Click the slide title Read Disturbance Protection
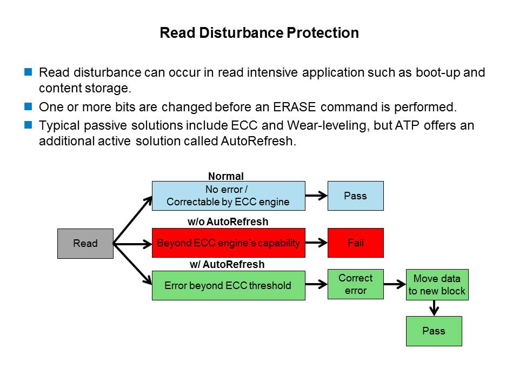[259, 33]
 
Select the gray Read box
[85, 243]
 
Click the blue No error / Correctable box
[228, 196]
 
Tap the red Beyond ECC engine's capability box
[228, 243]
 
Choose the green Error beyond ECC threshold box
[228, 285]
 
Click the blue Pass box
[355, 196]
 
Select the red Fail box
[355, 243]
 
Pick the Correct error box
[355, 284]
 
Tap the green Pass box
[434, 331]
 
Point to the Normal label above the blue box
[226, 176]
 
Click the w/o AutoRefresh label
[228, 222]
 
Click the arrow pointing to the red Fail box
[316, 243]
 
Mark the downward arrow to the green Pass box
[434, 308]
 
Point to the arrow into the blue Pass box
[316, 196]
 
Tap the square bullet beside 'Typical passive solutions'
[28, 125]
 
